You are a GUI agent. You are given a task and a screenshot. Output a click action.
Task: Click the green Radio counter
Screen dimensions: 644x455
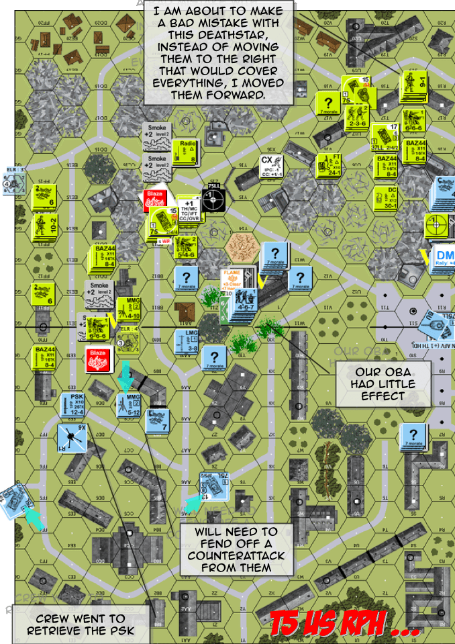[x=187, y=152]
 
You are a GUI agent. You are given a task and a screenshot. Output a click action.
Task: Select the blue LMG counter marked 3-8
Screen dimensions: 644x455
[x=187, y=341]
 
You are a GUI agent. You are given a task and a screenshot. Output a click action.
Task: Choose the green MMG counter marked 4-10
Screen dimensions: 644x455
[x=130, y=308]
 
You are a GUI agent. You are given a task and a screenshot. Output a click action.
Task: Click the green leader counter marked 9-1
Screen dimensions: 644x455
[x=413, y=88]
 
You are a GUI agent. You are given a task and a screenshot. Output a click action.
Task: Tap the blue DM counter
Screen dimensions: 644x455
[x=444, y=259]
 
